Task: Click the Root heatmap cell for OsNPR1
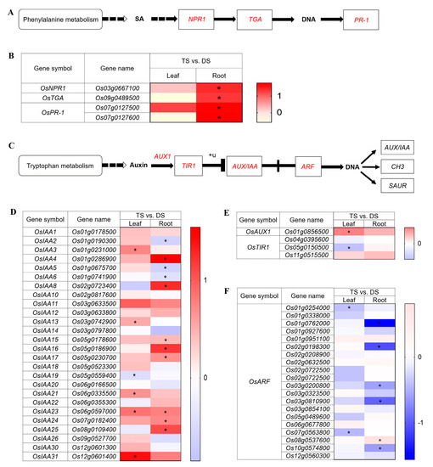218,87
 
